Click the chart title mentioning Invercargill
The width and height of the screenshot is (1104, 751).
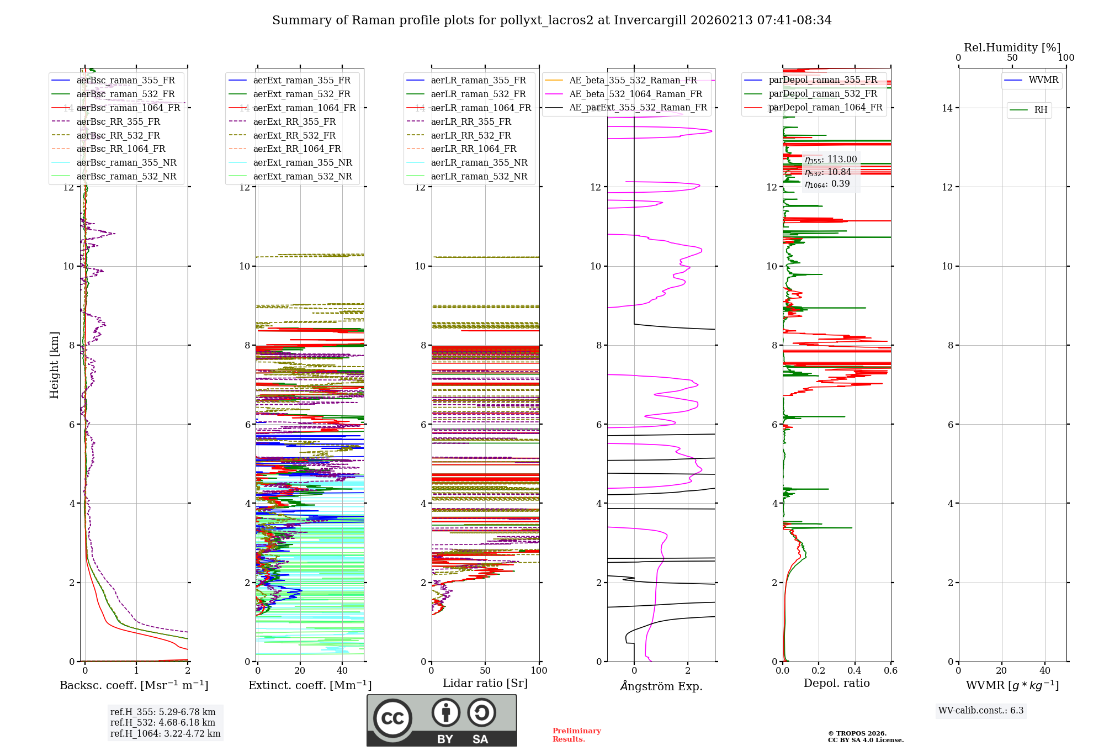coord(551,20)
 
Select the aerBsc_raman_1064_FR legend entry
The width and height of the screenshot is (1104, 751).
coord(128,108)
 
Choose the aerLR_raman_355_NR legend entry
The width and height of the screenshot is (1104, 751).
coord(479,163)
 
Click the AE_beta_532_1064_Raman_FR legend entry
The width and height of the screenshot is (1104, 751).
coord(635,94)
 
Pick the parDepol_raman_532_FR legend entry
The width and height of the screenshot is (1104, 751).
coord(822,94)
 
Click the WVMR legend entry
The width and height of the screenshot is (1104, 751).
coord(1043,80)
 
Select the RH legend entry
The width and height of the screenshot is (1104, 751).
coord(1041,110)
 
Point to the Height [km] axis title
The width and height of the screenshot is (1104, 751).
coord(54,364)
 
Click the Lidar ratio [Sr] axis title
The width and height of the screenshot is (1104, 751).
coord(485,683)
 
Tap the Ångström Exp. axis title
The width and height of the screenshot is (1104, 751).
coord(661,686)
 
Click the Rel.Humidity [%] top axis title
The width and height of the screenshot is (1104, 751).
coord(1012,47)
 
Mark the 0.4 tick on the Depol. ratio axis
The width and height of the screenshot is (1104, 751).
coord(854,671)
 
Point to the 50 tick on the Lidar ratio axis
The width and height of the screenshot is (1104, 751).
coord(485,671)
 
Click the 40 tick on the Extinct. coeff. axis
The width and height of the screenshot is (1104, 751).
coord(342,671)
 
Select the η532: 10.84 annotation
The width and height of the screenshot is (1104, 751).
coord(827,172)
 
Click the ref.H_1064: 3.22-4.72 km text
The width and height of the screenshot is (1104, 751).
coord(165,733)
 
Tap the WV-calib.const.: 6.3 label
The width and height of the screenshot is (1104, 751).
coord(981,710)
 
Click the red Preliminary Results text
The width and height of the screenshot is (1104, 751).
coord(576,735)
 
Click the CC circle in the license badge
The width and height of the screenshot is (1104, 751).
coord(392,718)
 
